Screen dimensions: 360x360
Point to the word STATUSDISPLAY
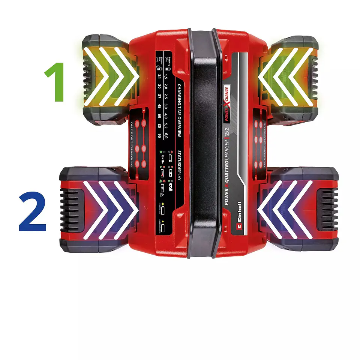(179, 165)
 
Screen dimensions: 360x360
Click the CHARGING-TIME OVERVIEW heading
(179, 110)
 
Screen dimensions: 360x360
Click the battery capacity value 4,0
(166, 115)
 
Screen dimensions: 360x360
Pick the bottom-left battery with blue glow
(97, 210)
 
